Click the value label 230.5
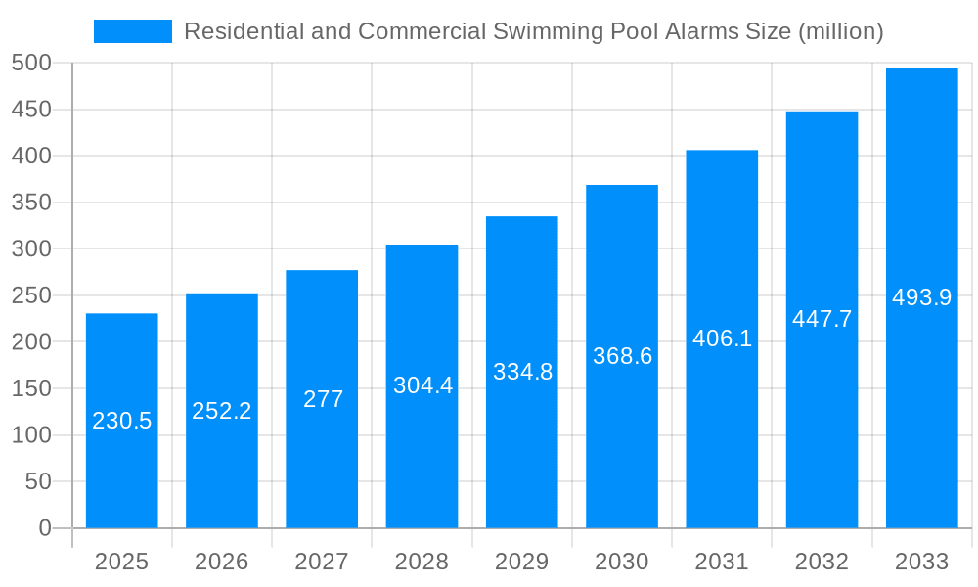122,421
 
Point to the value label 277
323,399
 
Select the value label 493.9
921,297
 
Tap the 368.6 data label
622,356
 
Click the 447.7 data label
822,319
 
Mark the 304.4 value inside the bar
422,385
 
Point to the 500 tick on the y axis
31,64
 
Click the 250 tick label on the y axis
31,295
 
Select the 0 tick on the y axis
44,528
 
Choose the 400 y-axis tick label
31,157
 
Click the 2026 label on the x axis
222,562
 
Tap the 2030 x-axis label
622,562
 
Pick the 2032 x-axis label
822,562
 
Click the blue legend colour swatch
133,31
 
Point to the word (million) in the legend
841,32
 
